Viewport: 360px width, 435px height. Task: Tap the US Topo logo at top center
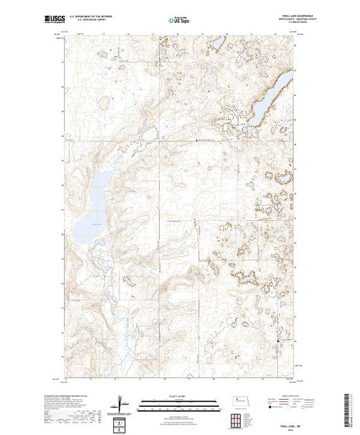tap(178, 21)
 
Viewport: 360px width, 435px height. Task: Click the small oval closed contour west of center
tap(105, 103)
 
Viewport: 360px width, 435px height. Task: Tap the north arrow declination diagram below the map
tap(123, 404)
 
